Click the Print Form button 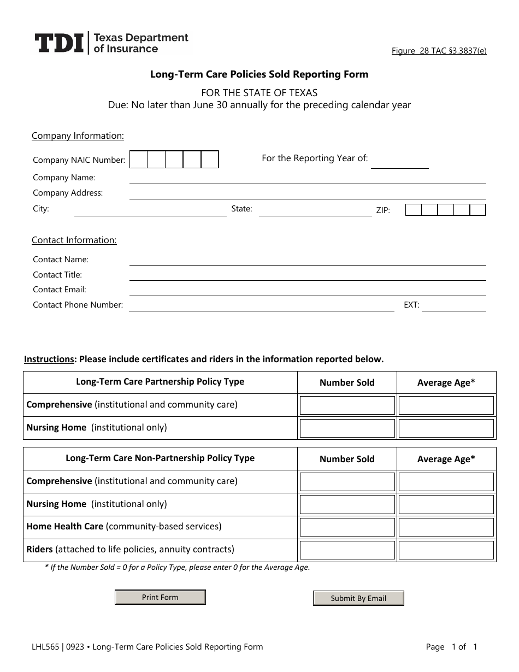(x=160, y=597)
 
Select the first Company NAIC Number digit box (x=139, y=160)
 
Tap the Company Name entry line (x=307, y=179)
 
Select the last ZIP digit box (x=477, y=210)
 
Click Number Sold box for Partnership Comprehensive (x=347, y=405)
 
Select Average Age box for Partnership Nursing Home (x=446, y=428)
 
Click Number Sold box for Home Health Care (x=347, y=527)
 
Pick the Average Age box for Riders (x=446, y=550)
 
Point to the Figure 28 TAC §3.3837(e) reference (x=439, y=51)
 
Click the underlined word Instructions (x=49, y=359)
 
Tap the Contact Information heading (x=74, y=240)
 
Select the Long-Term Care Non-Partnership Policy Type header (x=160, y=458)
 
